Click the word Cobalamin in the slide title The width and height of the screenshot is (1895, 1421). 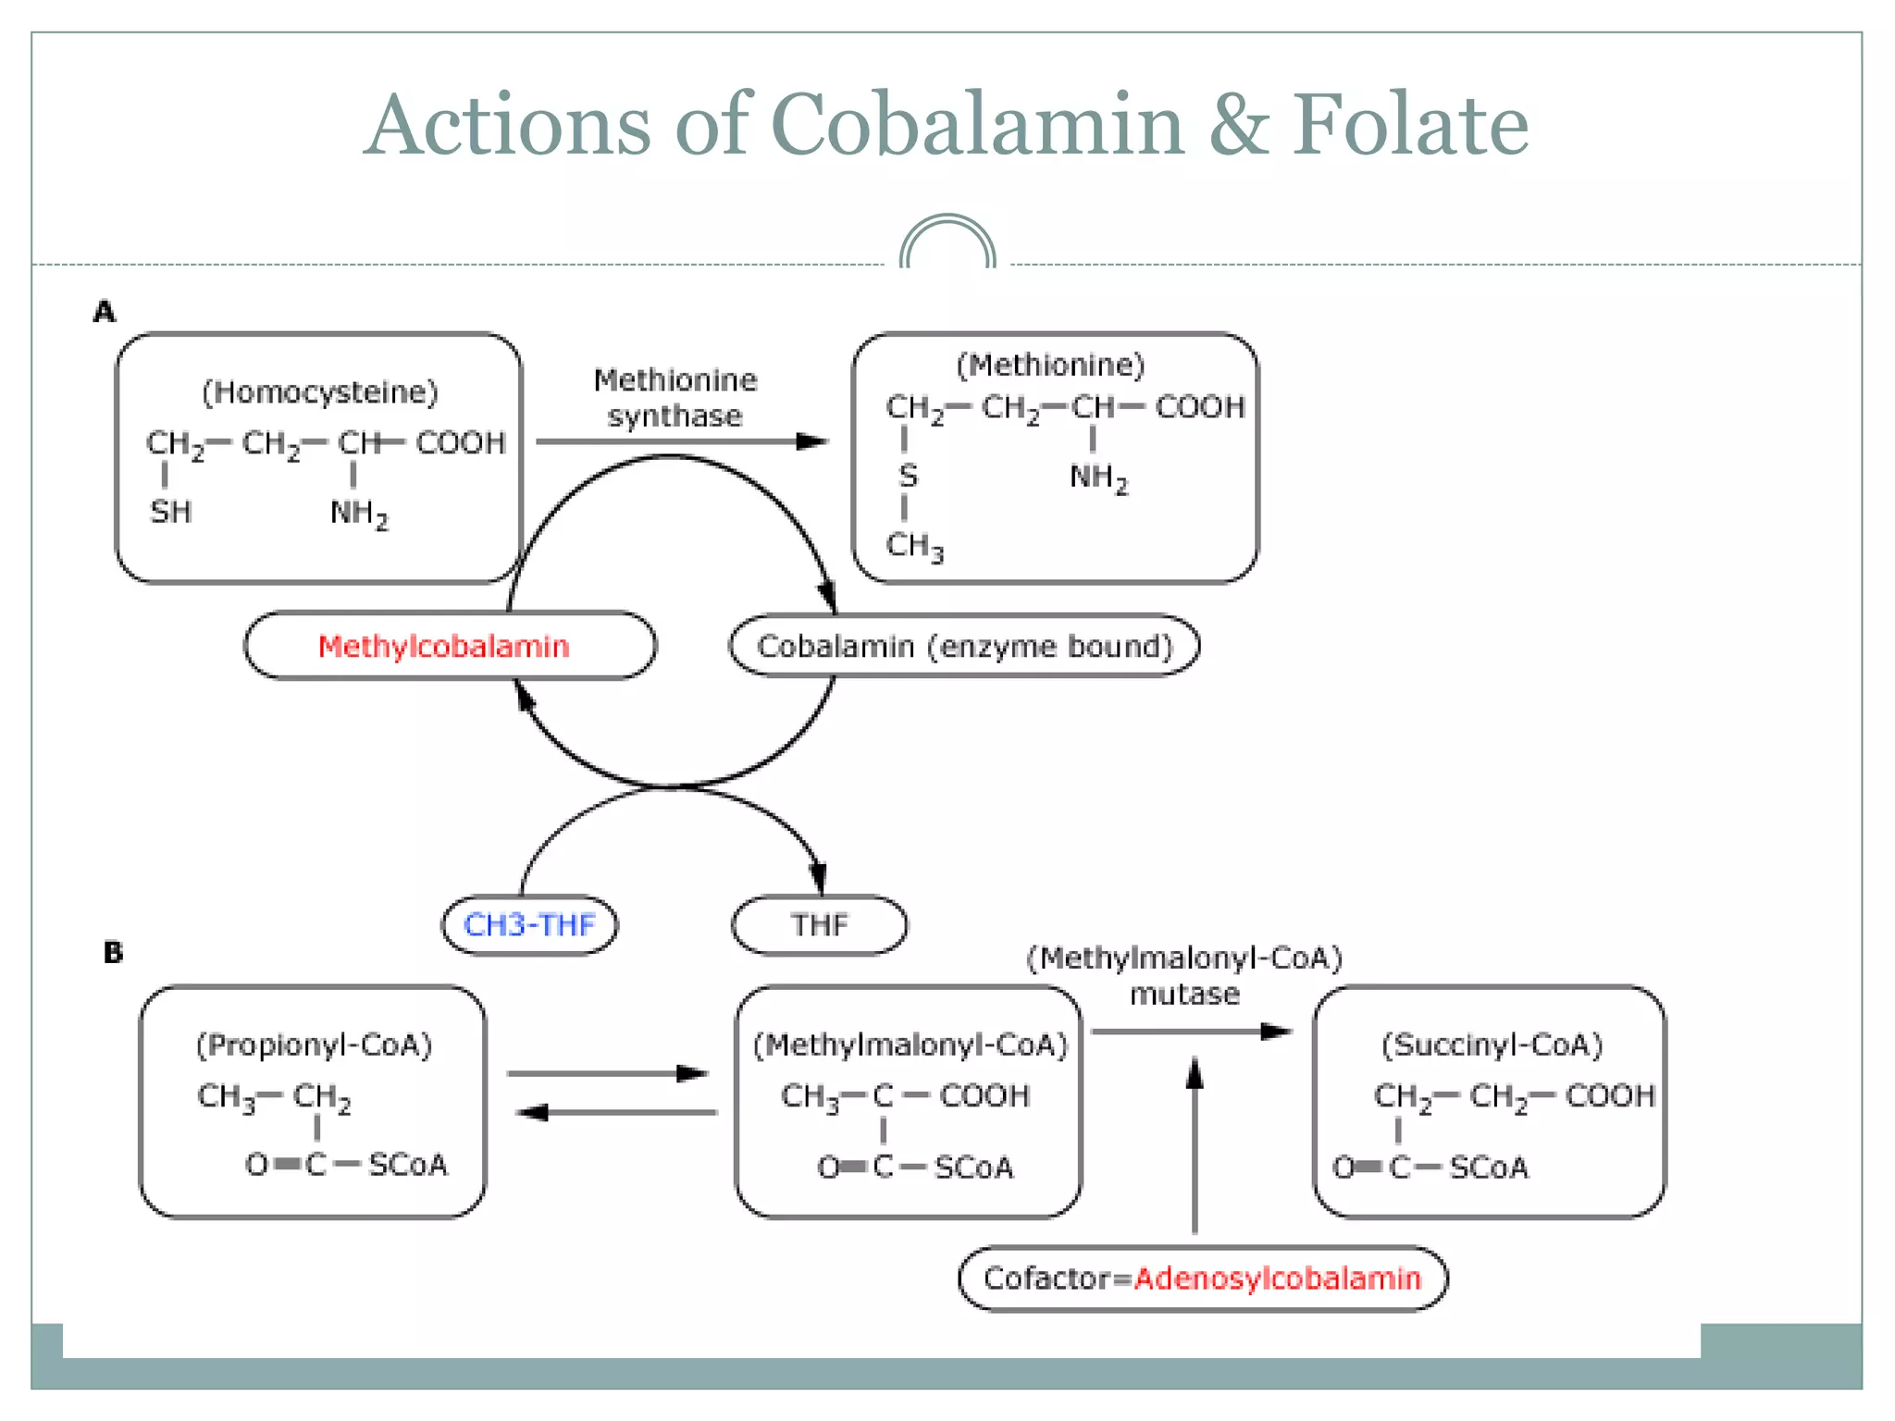coord(977,125)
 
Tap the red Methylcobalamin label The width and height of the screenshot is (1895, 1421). coord(443,646)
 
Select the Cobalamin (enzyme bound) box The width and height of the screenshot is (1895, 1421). coord(964,646)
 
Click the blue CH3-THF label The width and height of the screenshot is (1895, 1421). coord(529,924)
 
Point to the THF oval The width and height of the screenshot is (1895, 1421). coord(819,924)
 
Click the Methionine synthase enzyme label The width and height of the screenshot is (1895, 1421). coord(675,398)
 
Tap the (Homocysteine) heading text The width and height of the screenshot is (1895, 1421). coord(319,392)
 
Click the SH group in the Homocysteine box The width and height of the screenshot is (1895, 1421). coord(171,512)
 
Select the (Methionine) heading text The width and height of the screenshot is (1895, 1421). coord(1050,365)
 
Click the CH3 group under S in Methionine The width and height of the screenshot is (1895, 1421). coord(914,546)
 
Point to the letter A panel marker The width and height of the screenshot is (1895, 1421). coord(105,312)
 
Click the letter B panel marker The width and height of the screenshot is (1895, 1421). coord(113,952)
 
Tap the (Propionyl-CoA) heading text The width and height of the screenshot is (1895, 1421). coord(314,1045)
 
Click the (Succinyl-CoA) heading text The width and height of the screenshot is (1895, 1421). coord(1492,1045)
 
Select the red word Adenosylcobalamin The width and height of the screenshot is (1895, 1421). coord(1277,1279)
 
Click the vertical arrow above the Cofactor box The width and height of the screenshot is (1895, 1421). coord(1195,1147)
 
